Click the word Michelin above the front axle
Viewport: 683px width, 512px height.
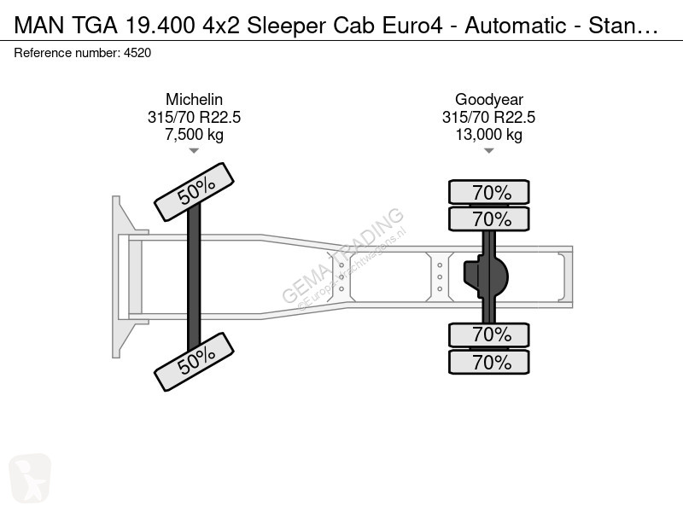coord(195,100)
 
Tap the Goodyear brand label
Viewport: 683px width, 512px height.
coord(488,100)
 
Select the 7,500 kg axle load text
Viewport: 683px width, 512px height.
coord(195,135)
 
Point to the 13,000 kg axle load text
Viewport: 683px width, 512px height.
coord(488,135)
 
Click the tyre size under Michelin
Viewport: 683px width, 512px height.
coord(195,117)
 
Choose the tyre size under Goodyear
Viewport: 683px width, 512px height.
coord(488,117)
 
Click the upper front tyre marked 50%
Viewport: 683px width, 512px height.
coord(195,191)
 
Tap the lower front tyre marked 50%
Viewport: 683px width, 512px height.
coord(195,362)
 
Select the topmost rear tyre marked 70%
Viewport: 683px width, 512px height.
coord(489,192)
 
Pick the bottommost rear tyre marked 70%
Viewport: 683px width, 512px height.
coord(489,362)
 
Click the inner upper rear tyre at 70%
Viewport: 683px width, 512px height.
coord(489,218)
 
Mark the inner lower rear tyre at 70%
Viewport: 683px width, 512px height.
coord(489,335)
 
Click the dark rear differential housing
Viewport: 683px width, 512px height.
coord(486,276)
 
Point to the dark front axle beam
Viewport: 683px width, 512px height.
coord(194,276)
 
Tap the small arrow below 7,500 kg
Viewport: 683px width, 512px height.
coord(194,151)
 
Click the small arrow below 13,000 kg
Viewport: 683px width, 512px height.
coord(488,151)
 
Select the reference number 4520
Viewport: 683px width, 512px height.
coord(137,53)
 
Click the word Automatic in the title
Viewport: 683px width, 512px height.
coord(516,26)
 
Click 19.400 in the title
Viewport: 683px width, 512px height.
coord(160,26)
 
